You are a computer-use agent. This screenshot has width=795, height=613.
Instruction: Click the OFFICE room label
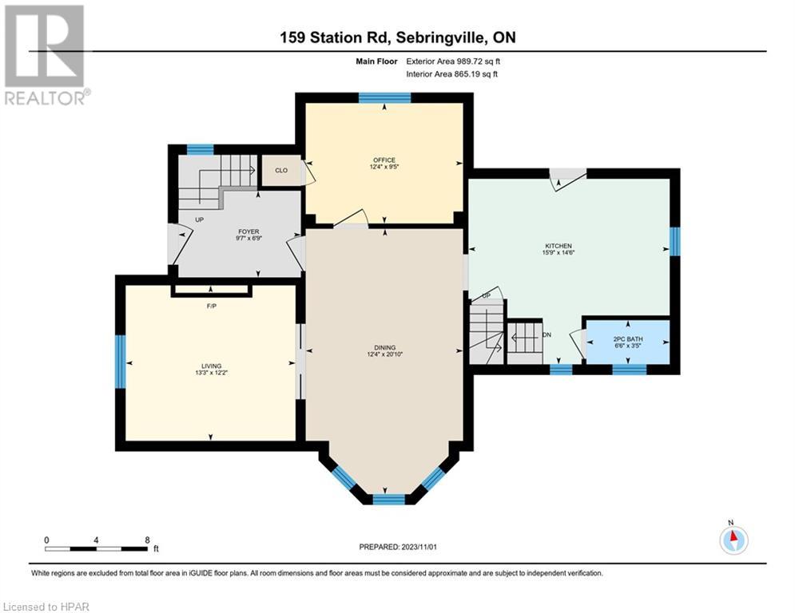[x=384, y=160]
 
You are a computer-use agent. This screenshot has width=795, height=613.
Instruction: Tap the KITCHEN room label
[x=558, y=246]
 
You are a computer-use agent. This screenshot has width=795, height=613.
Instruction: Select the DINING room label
[x=385, y=347]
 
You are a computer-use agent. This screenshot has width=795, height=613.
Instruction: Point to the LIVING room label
[x=212, y=366]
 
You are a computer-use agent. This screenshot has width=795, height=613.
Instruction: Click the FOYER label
[x=248, y=231]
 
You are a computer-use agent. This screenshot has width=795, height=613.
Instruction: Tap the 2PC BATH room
[x=628, y=342]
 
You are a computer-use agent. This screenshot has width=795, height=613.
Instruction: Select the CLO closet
[x=281, y=170]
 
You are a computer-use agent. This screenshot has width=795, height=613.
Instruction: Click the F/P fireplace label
[x=212, y=306]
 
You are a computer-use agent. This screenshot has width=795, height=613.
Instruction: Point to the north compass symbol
[x=733, y=540]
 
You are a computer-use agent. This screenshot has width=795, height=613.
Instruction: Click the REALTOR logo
[x=45, y=55]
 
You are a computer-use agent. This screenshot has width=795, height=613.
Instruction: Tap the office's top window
[x=385, y=97]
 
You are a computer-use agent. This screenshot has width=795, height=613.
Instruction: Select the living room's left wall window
[x=120, y=362]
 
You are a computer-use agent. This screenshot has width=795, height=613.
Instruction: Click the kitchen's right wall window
[x=675, y=242]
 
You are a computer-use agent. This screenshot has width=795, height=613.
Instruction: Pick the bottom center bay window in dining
[x=389, y=499]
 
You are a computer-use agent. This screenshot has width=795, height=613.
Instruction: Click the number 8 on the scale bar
[x=147, y=540]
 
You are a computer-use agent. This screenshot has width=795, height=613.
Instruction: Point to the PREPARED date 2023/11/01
[x=419, y=547]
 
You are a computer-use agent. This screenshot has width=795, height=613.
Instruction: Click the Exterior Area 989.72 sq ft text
[x=453, y=61]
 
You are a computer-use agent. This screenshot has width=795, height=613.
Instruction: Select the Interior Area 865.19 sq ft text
[x=451, y=74]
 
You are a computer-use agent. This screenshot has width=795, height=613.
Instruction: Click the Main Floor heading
[x=376, y=61]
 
